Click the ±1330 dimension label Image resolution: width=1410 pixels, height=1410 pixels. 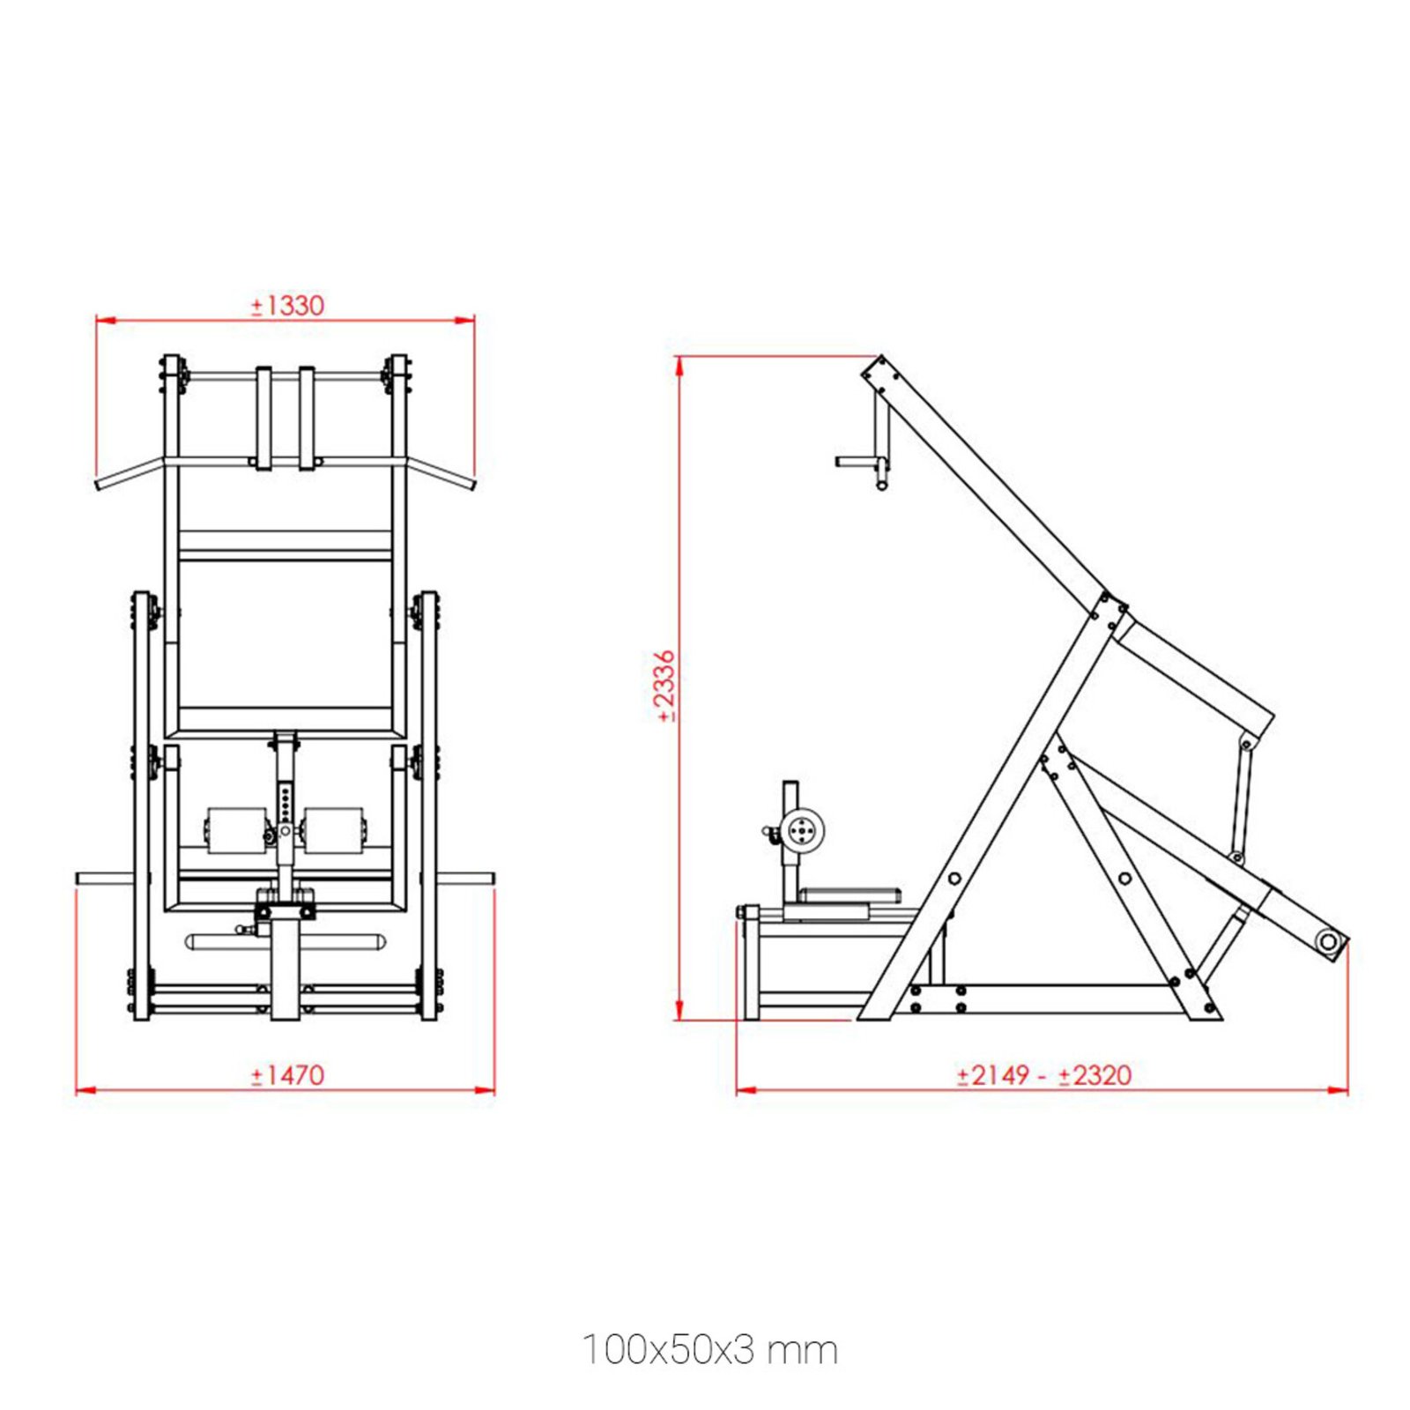click(x=287, y=306)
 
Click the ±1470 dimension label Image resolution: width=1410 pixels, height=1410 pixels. click(x=287, y=1075)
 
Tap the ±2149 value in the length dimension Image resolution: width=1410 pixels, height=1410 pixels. click(x=993, y=1075)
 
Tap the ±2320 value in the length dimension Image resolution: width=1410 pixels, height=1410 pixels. click(x=1095, y=1075)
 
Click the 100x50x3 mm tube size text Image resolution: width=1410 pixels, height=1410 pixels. click(x=709, y=1350)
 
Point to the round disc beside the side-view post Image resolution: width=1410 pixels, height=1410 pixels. click(x=803, y=830)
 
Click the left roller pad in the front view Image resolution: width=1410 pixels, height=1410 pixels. click(x=235, y=830)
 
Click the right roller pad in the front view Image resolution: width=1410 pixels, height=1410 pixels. click(x=333, y=830)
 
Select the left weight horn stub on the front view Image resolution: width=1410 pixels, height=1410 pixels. click(x=103, y=879)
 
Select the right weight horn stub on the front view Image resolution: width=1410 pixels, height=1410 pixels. click(x=467, y=879)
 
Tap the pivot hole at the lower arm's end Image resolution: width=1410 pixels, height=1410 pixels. click(x=1327, y=943)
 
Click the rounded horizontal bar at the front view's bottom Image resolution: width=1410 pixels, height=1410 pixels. click(x=285, y=942)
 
